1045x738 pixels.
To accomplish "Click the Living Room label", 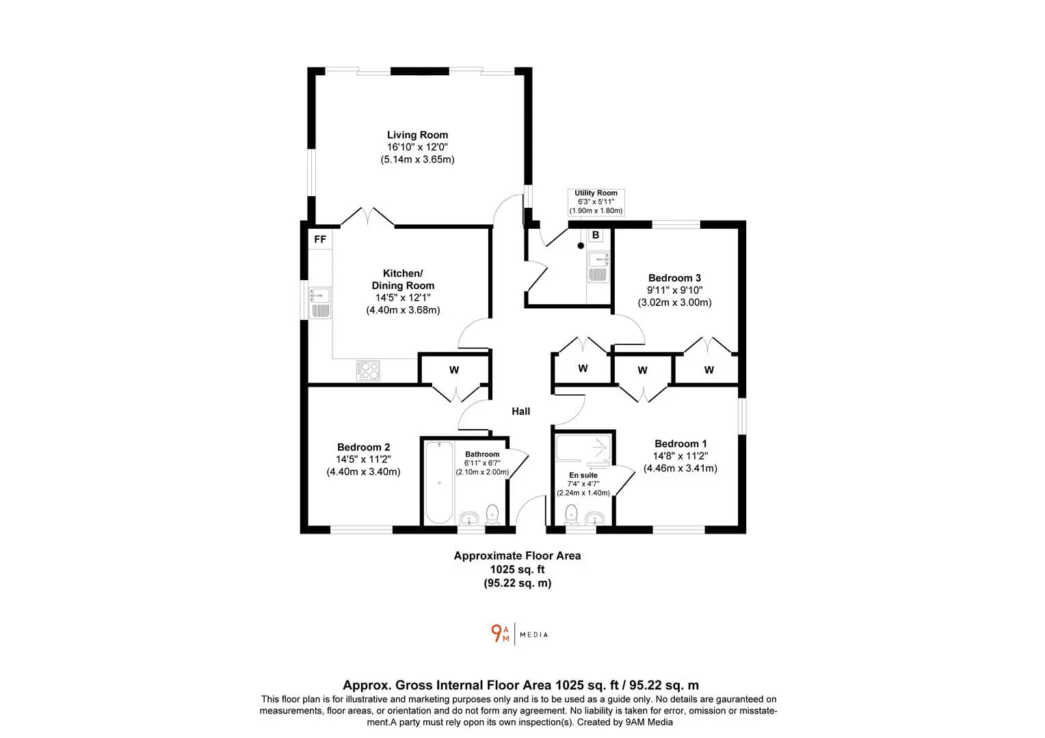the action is click(418, 135).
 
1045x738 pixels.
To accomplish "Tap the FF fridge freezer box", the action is click(320, 239).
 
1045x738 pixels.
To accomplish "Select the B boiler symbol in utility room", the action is click(596, 236).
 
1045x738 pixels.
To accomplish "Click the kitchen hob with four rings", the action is click(368, 370).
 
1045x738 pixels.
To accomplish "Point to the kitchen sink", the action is click(319, 303).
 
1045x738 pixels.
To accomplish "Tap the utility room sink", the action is click(598, 266).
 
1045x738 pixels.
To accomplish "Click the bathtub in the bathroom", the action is click(439, 482).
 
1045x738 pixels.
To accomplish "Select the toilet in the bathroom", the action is click(492, 514).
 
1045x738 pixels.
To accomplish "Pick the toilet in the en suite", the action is click(572, 515).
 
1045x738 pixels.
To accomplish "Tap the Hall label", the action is click(520, 411).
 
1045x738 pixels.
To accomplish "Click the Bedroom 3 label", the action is click(674, 278).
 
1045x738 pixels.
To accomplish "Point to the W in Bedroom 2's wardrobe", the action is click(454, 370).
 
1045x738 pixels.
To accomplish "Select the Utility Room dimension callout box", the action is click(596, 202).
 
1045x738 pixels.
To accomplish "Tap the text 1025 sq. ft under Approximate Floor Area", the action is click(517, 569).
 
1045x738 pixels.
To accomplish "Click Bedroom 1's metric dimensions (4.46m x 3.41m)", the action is click(680, 468).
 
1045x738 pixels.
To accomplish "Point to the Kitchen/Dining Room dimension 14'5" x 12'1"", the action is click(403, 297).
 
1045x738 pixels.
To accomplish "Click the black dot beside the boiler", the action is click(581, 246).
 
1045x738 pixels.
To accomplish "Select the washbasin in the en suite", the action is click(595, 518).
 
